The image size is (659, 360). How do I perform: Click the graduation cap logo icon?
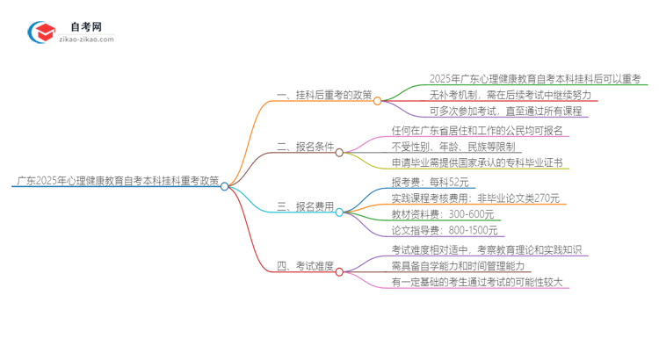[x=42, y=32]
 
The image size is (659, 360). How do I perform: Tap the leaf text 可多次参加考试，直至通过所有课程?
[x=504, y=112]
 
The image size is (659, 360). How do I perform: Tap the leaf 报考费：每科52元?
[x=430, y=183]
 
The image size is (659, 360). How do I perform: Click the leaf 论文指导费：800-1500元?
[x=445, y=231]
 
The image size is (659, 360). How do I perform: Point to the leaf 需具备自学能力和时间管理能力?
[x=470, y=266]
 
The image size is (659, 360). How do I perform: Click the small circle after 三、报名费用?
[x=339, y=212]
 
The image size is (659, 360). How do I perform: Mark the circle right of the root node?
[x=225, y=186]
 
